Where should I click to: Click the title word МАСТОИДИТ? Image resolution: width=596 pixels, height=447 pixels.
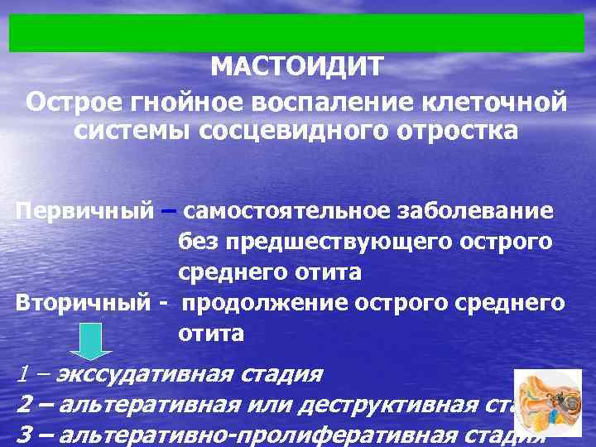(297, 66)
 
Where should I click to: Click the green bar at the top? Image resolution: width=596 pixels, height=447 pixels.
(297, 32)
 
